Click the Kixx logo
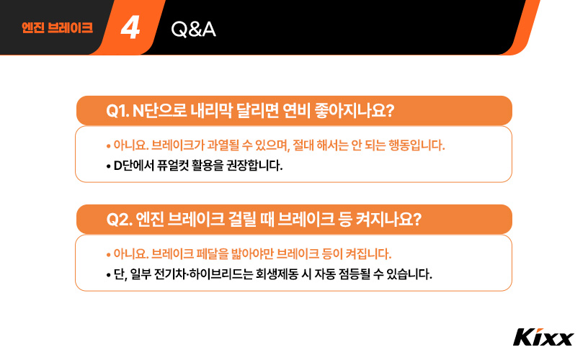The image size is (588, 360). point(543,337)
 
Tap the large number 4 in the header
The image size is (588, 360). point(130,28)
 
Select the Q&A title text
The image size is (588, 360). point(194,29)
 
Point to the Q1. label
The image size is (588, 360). point(117,111)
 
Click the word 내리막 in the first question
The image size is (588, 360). point(211,111)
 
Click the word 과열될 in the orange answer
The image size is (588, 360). point(228,145)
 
